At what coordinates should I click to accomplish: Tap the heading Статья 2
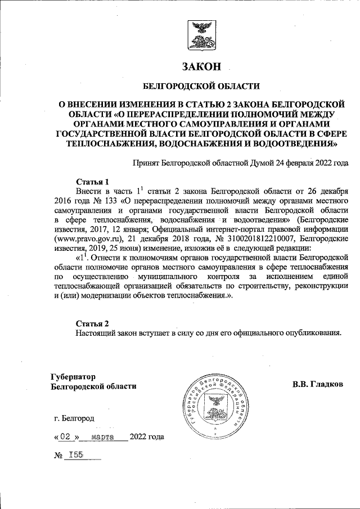92,323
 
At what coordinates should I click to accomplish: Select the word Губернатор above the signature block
73,376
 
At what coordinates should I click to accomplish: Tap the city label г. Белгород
75,418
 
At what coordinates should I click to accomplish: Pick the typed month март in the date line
102,436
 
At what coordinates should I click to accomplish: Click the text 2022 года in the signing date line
147,436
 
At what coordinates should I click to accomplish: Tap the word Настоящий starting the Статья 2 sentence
95,332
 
